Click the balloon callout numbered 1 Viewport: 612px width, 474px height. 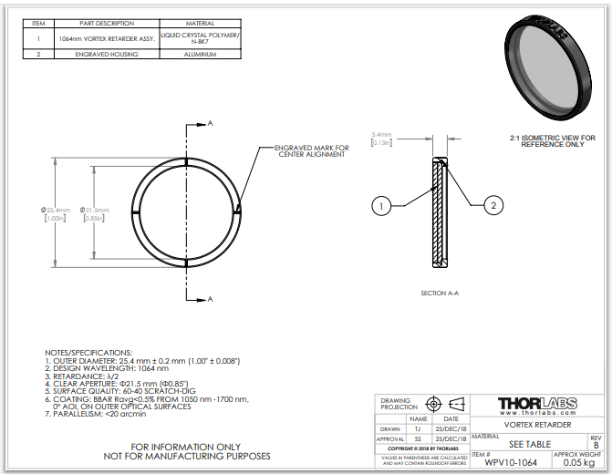point(381,206)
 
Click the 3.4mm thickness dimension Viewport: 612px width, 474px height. point(381,134)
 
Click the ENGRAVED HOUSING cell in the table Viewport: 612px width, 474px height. point(108,55)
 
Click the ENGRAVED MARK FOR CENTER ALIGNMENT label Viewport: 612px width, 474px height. point(311,150)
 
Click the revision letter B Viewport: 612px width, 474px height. point(596,444)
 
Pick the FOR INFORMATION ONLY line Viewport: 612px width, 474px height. point(187,446)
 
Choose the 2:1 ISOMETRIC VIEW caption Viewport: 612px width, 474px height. point(553,140)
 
